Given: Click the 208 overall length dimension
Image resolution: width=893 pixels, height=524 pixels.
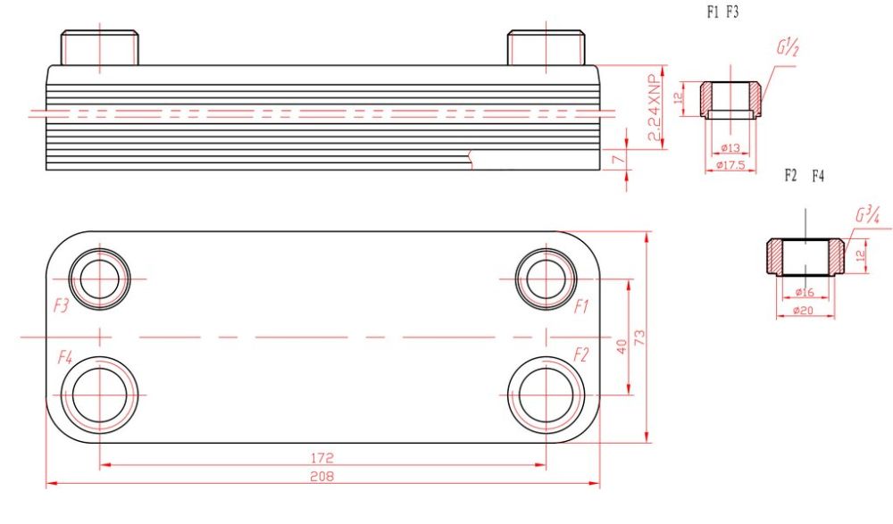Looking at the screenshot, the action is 321,476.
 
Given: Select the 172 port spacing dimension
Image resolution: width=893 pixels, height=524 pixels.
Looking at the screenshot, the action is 321,458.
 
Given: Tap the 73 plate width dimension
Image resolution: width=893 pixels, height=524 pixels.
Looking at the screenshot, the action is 639,337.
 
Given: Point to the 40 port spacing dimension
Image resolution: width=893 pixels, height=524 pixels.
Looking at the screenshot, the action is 622,346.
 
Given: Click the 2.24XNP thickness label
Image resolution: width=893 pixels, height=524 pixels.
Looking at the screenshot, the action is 655,107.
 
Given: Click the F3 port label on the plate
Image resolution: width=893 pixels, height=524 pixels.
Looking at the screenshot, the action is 61,306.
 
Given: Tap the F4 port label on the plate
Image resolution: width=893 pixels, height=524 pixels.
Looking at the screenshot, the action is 65,358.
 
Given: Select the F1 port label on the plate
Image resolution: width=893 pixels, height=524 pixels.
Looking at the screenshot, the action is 581,307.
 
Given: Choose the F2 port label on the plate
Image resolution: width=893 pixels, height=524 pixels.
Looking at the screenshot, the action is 580,355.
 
